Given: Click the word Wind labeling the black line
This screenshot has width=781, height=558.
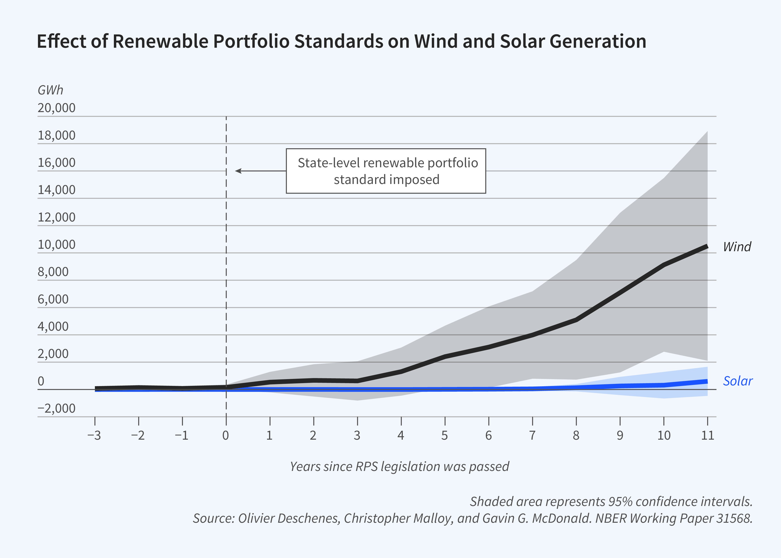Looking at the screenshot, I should [737, 247].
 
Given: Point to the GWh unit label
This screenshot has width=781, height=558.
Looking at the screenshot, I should [50, 90].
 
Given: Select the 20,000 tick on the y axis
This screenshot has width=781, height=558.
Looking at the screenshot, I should [56, 108].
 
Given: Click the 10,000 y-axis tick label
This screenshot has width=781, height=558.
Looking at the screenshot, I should [56, 245].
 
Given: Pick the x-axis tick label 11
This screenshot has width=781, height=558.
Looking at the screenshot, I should [708, 435].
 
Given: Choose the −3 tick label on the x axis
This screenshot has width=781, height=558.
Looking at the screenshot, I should [94, 435].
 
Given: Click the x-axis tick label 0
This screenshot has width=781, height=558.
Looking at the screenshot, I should [226, 435].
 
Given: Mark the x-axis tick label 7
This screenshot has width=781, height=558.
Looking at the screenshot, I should [532, 435].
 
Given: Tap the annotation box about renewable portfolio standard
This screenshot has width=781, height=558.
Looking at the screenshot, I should [386, 171].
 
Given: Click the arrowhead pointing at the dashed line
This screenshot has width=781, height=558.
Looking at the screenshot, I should [238, 171].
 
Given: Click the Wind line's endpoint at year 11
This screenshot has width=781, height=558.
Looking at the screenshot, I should [707, 246].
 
